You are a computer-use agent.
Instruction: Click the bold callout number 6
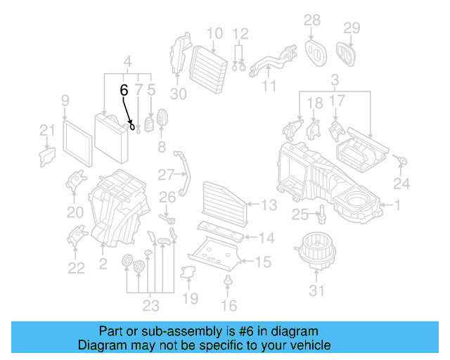(x=124, y=90)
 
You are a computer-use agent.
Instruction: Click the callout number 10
(x=214, y=33)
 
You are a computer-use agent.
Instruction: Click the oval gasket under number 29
(x=347, y=51)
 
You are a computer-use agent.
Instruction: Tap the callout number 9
(x=65, y=101)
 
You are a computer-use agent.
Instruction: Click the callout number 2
(x=103, y=263)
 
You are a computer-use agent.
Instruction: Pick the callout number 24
(x=401, y=184)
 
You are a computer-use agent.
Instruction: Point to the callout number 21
(x=46, y=129)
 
